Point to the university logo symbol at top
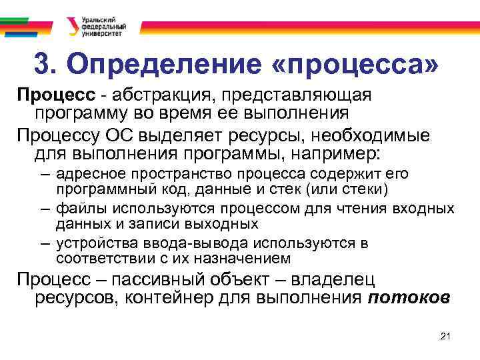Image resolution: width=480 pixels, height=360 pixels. click(x=71, y=26)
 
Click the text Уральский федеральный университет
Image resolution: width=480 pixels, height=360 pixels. click(x=100, y=25)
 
